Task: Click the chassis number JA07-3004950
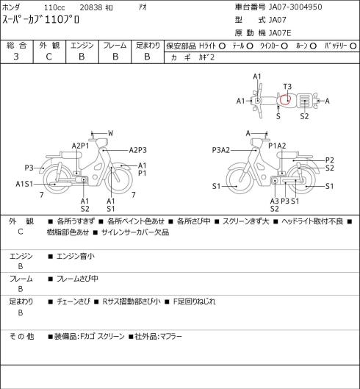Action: pyautogui.click(x=295, y=7)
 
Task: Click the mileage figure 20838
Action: pyautogui.click(x=91, y=7)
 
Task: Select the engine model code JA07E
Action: pyautogui.click(x=280, y=33)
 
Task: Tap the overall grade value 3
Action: pyautogui.click(x=16, y=57)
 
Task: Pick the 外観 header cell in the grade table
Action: pyautogui.click(x=49, y=46)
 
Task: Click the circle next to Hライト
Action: pyautogui.click(x=222, y=46)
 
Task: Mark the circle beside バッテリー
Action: pyautogui.click(x=353, y=46)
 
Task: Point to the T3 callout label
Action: pyautogui.click(x=287, y=87)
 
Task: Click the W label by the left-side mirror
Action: pyautogui.click(x=111, y=133)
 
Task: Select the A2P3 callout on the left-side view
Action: pyautogui.click(x=138, y=150)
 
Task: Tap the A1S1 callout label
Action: pyautogui.click(x=24, y=184)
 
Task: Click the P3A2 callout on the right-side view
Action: pyautogui.click(x=221, y=150)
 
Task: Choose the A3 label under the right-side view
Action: pyautogui.click(x=275, y=201)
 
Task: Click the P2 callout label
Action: pyautogui.click(x=330, y=160)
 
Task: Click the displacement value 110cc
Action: pyautogui.click(x=54, y=7)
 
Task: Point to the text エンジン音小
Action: pyautogui.click(x=76, y=256)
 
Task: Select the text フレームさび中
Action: pyautogui.click(x=77, y=279)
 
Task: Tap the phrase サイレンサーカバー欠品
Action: pyautogui.click(x=135, y=232)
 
